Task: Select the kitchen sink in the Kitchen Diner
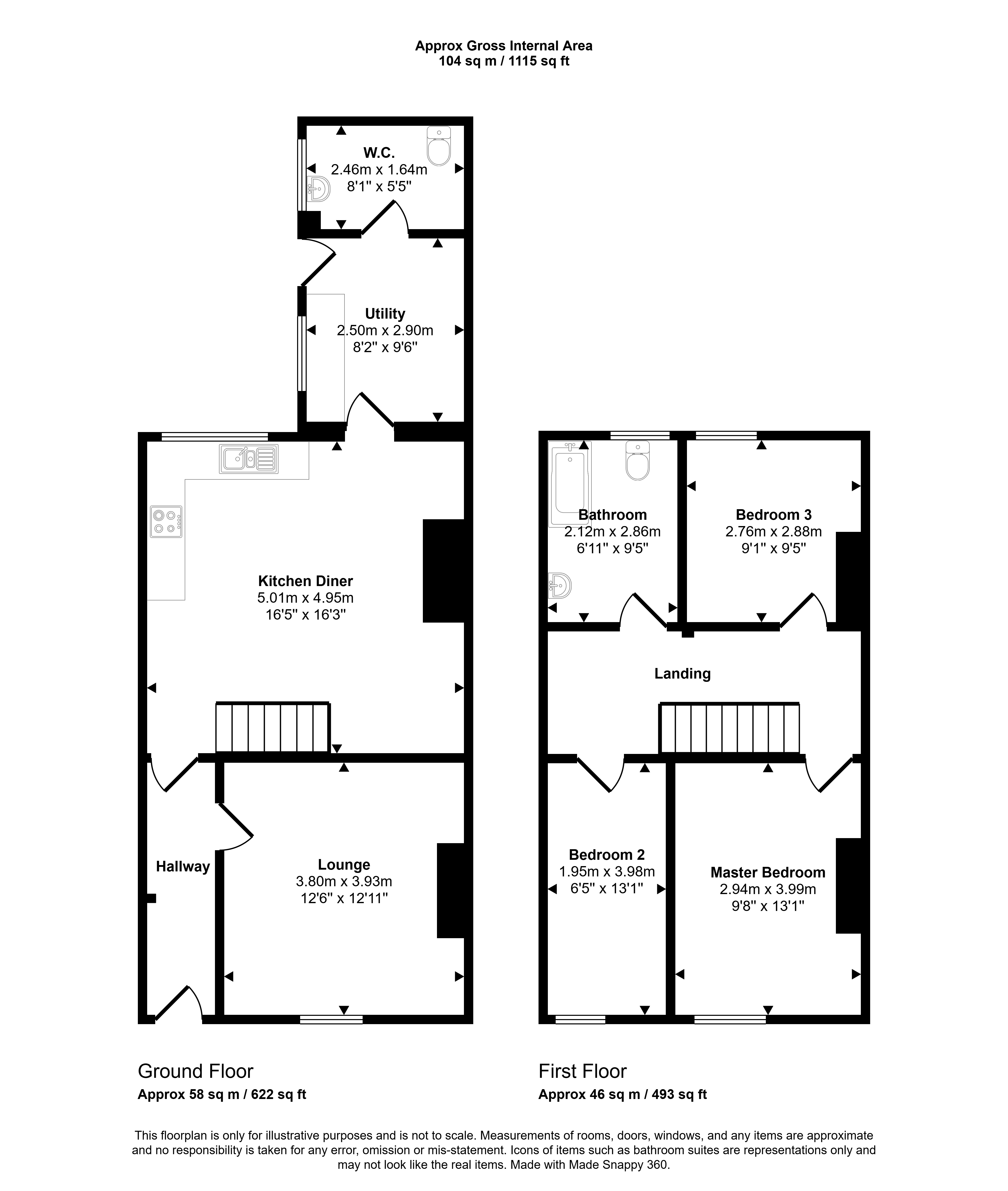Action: [248, 459]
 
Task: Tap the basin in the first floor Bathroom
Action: [560, 586]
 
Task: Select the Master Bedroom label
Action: [768, 873]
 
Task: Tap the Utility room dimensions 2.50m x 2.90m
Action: [385, 330]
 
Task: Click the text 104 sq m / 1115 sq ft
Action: [504, 61]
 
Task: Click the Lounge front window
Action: [331, 1020]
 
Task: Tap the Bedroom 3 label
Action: [774, 515]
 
